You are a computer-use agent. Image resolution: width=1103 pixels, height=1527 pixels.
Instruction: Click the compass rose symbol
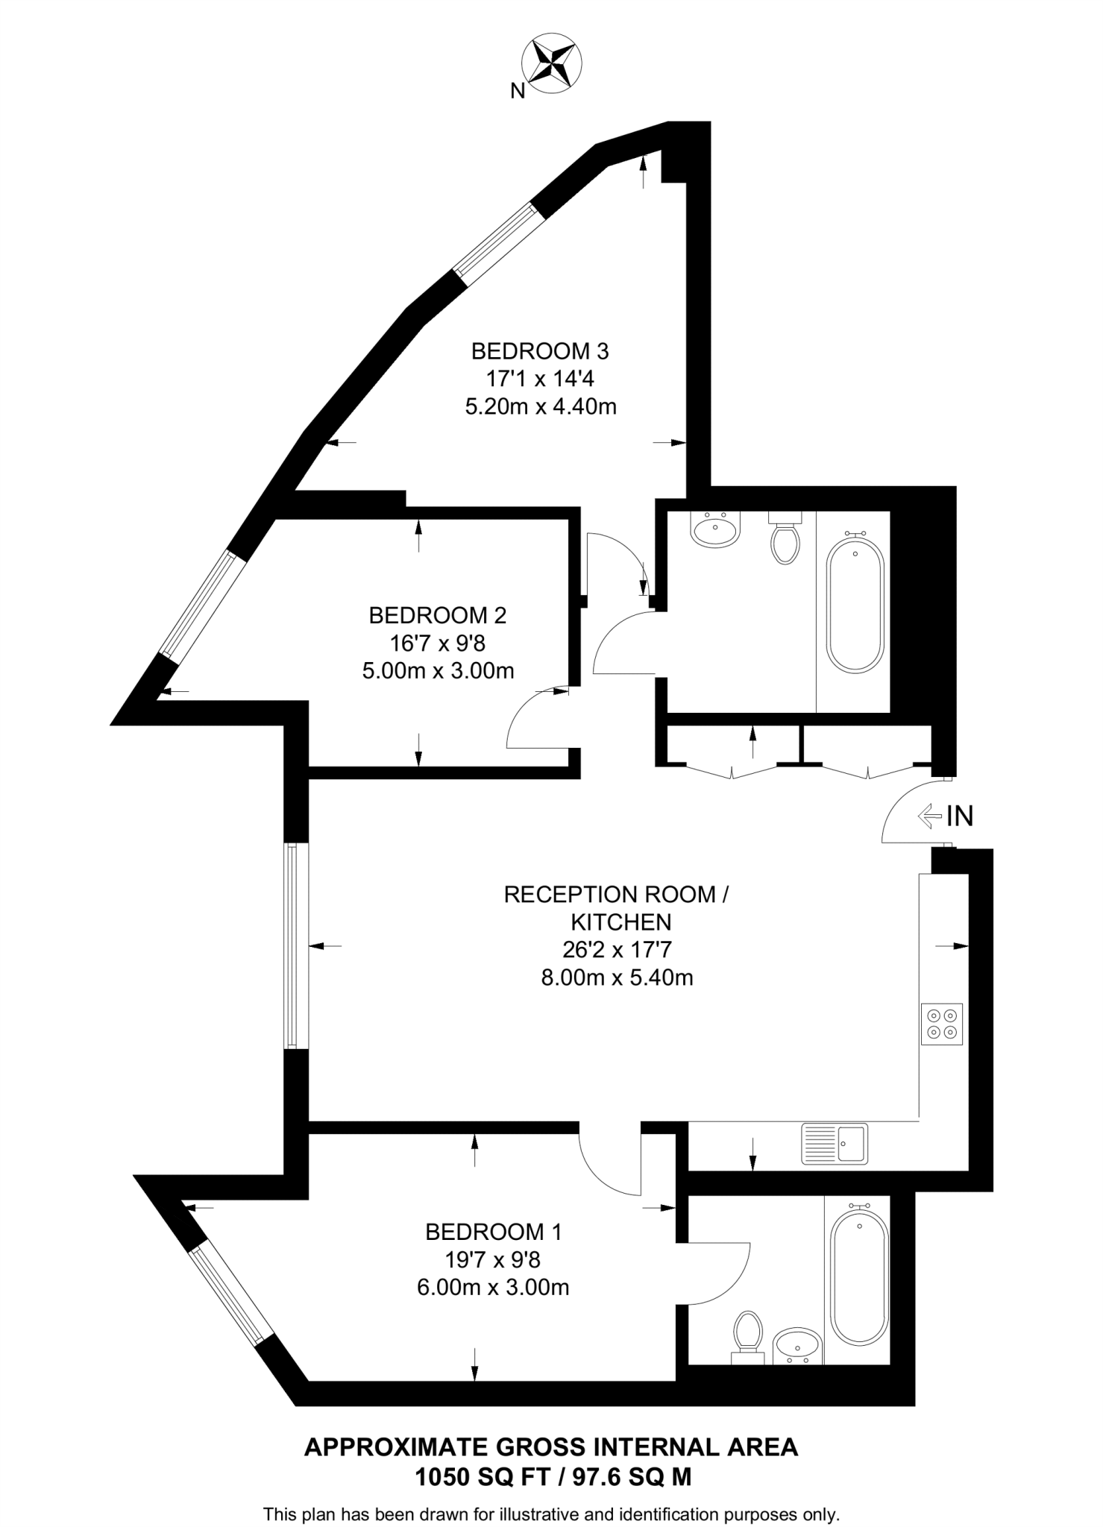click(x=553, y=65)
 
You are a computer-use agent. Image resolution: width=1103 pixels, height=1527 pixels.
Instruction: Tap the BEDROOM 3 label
click(x=541, y=350)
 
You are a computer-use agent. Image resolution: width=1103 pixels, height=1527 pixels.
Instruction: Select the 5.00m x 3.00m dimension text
click(x=438, y=671)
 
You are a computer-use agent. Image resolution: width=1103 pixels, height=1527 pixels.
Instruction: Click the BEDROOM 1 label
click(x=493, y=1232)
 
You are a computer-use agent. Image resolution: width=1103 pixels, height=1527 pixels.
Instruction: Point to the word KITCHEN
click(x=621, y=922)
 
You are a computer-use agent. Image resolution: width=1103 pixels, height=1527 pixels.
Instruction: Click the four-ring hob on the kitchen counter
click(x=942, y=1024)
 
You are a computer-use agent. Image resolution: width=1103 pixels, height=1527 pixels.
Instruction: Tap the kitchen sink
click(x=835, y=1143)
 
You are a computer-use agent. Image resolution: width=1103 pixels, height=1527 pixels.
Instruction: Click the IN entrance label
click(x=960, y=816)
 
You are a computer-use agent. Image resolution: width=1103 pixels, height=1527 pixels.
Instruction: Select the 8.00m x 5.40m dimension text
click(x=617, y=977)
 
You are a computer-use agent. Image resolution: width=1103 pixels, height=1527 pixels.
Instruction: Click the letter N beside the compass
click(x=518, y=92)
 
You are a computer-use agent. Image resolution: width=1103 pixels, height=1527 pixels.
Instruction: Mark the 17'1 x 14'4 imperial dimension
click(x=540, y=379)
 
